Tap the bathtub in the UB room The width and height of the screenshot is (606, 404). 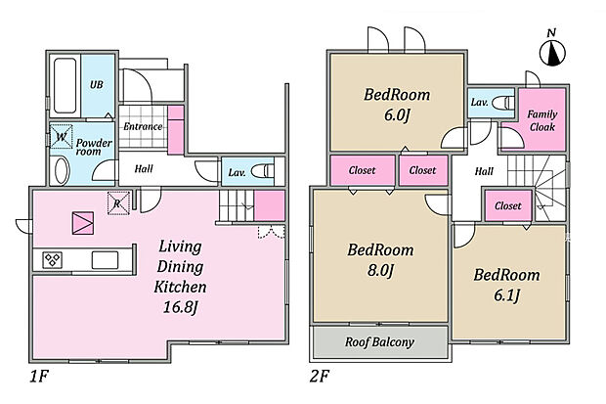tap(65, 85)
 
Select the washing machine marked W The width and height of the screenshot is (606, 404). tap(62, 136)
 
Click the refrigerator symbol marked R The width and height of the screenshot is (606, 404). tap(118, 202)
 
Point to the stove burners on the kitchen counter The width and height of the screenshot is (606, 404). tap(52, 259)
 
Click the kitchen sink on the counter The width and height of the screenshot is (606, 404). tap(105, 259)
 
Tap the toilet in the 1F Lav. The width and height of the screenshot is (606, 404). tap(263, 170)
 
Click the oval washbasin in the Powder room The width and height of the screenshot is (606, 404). tap(62, 170)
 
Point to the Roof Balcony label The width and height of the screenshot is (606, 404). tap(379, 342)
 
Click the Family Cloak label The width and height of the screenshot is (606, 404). tap(542, 120)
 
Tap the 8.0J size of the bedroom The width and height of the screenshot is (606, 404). tap(380, 270)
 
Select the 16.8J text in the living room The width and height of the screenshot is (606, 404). tap(181, 307)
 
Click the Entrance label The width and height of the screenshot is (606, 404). tap(143, 126)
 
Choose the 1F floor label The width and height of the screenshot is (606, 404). tap(39, 377)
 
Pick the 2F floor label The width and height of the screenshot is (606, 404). tap(320, 377)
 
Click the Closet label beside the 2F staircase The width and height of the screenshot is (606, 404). tap(508, 205)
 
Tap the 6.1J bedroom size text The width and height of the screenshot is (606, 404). tap(506, 295)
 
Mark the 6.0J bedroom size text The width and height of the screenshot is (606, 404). tap(397, 114)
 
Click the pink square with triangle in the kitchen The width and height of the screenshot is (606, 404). tap(83, 223)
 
